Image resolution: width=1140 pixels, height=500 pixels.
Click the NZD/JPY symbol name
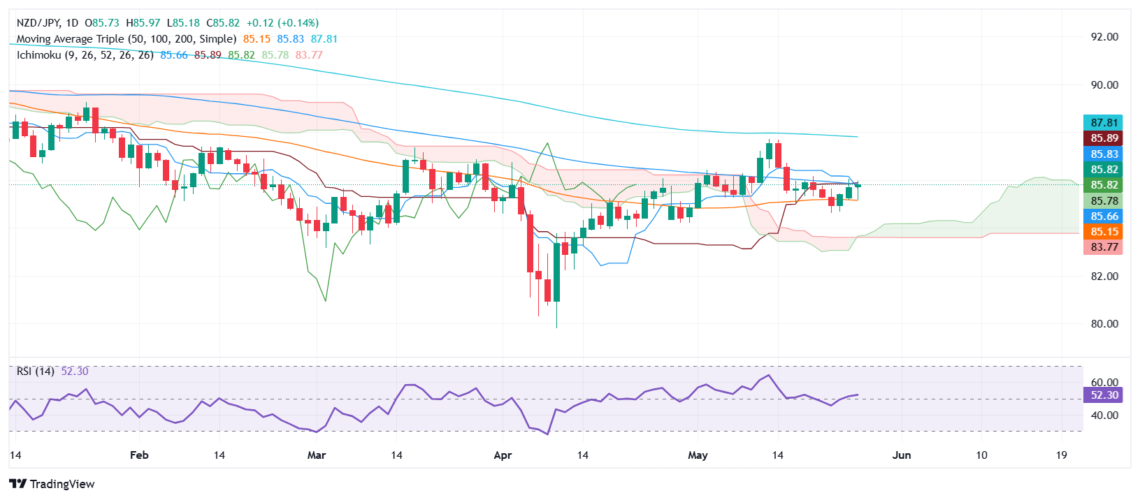[39, 23]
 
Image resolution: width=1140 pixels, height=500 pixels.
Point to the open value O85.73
[103, 23]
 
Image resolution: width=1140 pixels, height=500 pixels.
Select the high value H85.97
[143, 23]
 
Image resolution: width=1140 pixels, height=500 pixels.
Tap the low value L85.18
[183, 23]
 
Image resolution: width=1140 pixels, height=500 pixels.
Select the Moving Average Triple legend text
[127, 39]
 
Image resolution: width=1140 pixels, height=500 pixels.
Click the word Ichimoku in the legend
[38, 55]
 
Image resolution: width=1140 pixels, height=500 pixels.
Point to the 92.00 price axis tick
[1104, 37]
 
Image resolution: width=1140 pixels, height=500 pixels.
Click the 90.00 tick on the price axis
[1104, 85]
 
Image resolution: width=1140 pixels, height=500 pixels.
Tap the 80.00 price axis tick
[1104, 324]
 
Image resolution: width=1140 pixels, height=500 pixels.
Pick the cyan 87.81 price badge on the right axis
[1104, 123]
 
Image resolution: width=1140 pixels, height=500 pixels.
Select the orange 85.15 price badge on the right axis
[1104, 232]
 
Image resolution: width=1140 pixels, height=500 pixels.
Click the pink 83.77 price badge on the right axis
[1104, 247]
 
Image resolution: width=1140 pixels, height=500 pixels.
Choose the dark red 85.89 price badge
[1104, 138]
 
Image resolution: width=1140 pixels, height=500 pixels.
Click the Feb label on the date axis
[139, 455]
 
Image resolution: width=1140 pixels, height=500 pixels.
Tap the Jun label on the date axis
[902, 455]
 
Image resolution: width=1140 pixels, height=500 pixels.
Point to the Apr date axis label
[503, 455]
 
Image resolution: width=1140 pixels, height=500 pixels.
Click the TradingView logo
[52, 484]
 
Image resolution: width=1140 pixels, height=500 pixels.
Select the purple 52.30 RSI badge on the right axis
[1104, 395]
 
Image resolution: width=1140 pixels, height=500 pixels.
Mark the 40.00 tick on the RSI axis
[1104, 416]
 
